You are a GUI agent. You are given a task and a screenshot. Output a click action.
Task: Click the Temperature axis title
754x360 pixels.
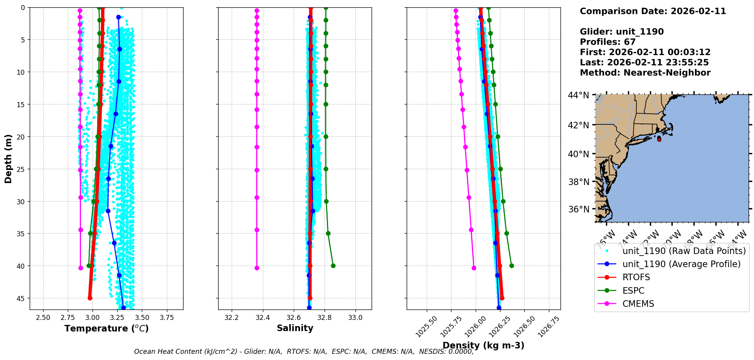pos(106,328)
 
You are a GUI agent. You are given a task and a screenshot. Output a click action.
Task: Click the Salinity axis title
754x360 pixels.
pos(295,328)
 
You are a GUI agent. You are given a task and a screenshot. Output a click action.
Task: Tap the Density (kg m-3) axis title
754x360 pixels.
pos(483,345)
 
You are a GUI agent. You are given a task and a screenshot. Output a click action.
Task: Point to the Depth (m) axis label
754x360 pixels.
pos(8,158)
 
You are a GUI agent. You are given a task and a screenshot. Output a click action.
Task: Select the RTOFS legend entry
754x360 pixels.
pos(636,278)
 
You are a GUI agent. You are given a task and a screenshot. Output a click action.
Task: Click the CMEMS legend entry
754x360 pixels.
pos(638,304)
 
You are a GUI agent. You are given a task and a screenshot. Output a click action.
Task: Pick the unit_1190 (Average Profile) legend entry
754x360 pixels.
pos(681,264)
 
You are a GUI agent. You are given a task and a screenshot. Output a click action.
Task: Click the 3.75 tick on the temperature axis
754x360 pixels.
pos(167,318)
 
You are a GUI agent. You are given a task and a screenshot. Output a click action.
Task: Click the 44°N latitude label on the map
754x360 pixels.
pos(579,95)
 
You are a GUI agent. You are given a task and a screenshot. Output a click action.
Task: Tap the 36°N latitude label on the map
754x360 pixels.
pos(579,209)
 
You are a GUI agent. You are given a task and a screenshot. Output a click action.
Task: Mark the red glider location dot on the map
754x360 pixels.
pos(659,139)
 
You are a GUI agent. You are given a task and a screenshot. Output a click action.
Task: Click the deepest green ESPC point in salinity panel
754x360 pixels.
pos(333,266)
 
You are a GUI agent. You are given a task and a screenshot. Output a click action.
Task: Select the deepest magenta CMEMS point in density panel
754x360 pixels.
pos(474,268)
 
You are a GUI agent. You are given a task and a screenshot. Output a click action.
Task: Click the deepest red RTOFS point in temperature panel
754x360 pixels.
pos(90,298)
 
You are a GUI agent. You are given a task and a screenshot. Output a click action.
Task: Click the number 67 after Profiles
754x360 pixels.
pos(629,42)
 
